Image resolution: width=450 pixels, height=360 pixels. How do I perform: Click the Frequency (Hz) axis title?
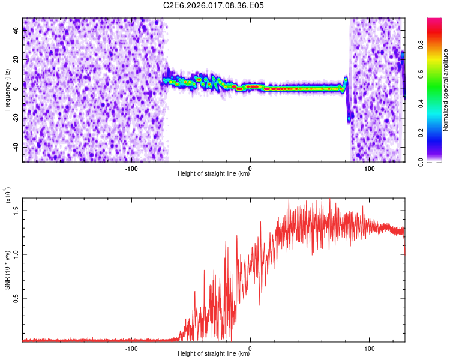(x=8, y=89)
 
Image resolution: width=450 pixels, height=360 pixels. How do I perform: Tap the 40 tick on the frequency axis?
(x=16, y=32)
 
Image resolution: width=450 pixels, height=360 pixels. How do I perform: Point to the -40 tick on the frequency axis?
(x=14, y=147)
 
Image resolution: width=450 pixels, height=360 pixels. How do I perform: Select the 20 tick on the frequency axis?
(x=16, y=61)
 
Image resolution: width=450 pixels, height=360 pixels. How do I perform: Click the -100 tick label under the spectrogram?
(x=131, y=168)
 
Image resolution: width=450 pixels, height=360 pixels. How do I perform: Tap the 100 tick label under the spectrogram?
(x=370, y=168)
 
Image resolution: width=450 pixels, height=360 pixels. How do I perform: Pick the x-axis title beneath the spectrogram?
(x=214, y=174)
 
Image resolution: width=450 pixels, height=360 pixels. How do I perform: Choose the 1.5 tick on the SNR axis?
(x=16, y=209)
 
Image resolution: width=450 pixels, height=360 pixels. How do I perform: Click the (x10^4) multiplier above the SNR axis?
(x=8, y=195)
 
